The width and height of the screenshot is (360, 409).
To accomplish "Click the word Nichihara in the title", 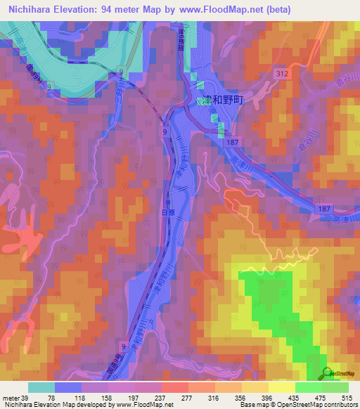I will point(31,10).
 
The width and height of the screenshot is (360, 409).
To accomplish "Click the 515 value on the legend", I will point(347,397).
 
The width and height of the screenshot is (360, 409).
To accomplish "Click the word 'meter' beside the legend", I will point(10,397).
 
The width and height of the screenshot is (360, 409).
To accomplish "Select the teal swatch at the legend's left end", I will point(41,387).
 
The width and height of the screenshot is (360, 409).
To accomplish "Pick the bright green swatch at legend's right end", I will point(335,387).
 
